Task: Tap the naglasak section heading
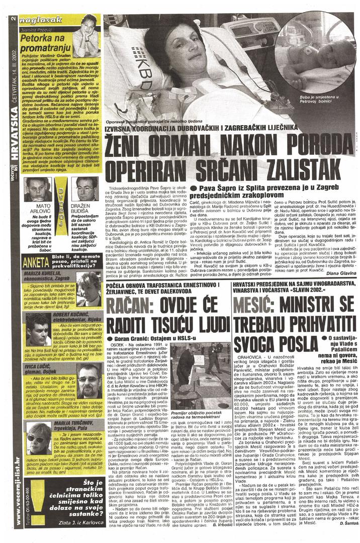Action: pos(45,19)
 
